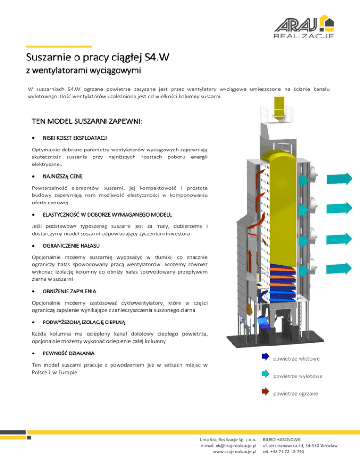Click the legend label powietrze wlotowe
(x=296, y=359)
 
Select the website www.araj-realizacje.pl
(x=233, y=451)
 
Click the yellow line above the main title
(x=59, y=46)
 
